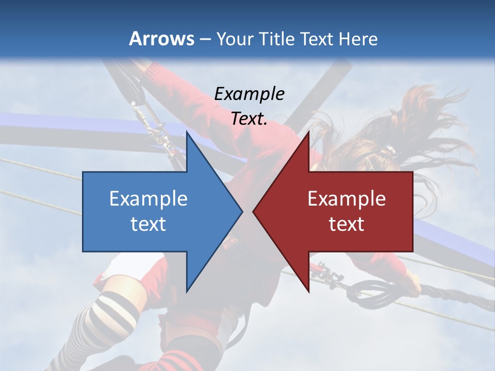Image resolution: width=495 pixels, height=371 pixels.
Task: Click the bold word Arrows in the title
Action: (161, 39)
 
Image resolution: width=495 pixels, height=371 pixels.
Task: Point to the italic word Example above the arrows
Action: (250, 94)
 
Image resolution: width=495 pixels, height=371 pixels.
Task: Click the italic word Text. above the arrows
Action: (250, 119)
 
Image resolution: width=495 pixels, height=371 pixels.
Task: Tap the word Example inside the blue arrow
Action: (148, 199)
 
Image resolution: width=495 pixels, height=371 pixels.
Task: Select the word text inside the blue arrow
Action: (148, 224)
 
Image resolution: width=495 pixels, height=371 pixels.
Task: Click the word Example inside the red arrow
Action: (346, 199)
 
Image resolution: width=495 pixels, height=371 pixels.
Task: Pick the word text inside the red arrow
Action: (346, 224)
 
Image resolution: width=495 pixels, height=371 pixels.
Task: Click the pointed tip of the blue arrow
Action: (242, 211)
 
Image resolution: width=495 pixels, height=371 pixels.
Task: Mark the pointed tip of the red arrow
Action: (253, 211)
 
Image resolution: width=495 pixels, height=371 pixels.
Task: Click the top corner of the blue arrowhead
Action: (187, 132)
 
